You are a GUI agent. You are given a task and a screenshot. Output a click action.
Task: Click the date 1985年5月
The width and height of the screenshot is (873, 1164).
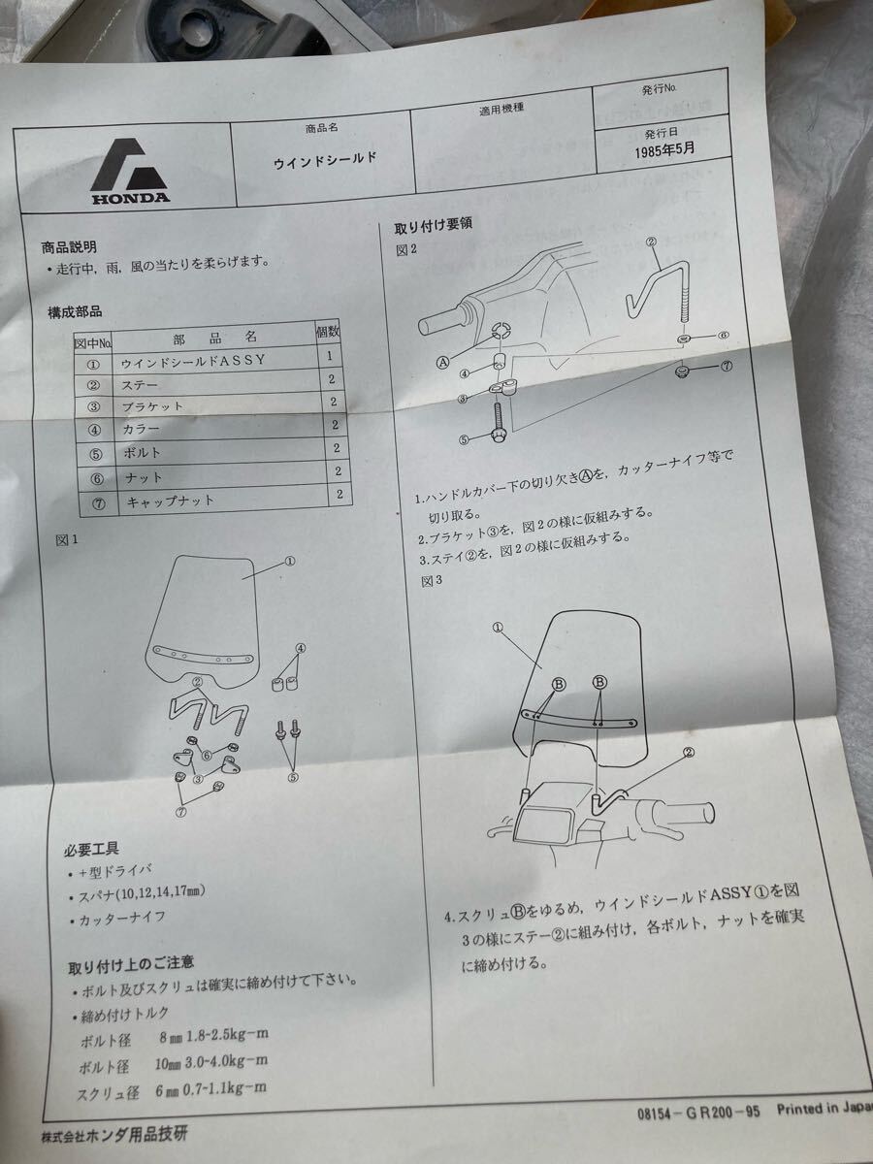(666, 151)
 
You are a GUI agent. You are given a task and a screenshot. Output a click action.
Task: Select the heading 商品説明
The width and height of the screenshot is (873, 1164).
(69, 249)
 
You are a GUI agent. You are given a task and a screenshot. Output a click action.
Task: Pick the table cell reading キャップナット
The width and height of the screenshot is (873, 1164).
(169, 501)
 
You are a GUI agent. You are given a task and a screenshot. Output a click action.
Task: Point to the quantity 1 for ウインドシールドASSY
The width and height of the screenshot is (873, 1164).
(330, 358)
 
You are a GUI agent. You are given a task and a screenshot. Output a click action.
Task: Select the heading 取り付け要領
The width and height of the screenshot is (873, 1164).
(433, 228)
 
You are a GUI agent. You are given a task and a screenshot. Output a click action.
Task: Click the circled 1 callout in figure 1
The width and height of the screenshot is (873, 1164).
(289, 561)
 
